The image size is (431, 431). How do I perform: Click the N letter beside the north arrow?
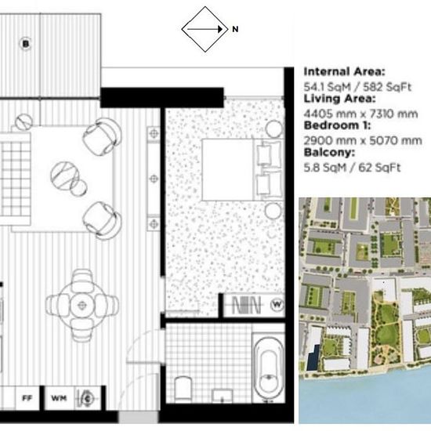pos(235,29)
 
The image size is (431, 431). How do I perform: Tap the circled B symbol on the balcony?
pos(26,44)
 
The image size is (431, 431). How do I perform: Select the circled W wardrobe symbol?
pos(277,304)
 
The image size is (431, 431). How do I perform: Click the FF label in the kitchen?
pos(27,398)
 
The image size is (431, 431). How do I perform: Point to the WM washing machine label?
pos(59,398)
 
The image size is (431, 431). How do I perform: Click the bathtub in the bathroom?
pos(269,370)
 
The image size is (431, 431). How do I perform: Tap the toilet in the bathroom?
pos(183,388)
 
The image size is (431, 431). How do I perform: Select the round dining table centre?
pos(82,305)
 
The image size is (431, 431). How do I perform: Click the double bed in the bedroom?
pos(243,169)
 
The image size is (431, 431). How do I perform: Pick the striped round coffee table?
pos(65,176)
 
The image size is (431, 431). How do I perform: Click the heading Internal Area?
pos(345,72)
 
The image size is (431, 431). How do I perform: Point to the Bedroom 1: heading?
pos(337,125)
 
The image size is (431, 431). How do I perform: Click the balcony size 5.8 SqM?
pos(325,168)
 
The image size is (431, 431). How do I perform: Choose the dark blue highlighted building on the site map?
pos(313,357)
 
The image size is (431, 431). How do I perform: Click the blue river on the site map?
pos(365,399)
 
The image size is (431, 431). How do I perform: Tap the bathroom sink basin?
pos(222,396)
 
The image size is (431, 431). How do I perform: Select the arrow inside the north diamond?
pos(205,29)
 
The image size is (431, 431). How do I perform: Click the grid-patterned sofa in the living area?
pos(15,179)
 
